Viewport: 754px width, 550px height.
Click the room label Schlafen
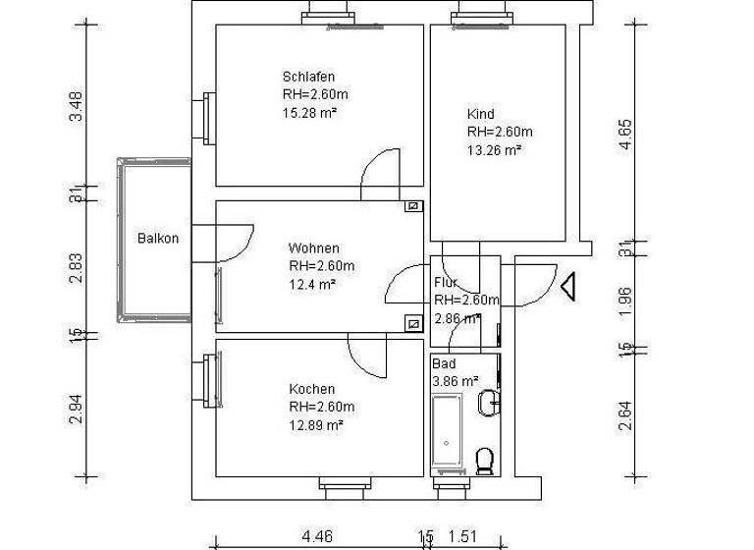click(x=309, y=77)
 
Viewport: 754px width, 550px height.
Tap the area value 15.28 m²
click(x=309, y=113)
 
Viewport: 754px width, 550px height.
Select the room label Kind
click(x=480, y=114)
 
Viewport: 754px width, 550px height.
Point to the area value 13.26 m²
click(x=494, y=150)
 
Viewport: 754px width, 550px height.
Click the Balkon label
click(x=158, y=239)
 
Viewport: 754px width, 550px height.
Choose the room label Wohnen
click(x=313, y=247)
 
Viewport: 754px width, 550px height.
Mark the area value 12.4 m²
click(x=312, y=284)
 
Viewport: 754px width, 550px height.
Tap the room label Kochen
click(x=311, y=389)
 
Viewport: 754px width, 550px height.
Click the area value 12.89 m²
click(x=315, y=425)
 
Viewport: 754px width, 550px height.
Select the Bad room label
click(x=444, y=363)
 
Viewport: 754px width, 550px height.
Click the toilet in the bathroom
click(x=484, y=459)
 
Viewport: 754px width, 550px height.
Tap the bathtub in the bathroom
click(x=449, y=432)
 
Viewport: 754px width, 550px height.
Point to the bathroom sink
click(x=489, y=402)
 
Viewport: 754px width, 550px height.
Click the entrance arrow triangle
click(x=566, y=285)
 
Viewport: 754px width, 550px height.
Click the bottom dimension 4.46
click(x=317, y=536)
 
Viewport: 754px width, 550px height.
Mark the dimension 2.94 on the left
click(x=76, y=407)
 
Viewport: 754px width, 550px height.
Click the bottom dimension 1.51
click(x=463, y=536)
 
